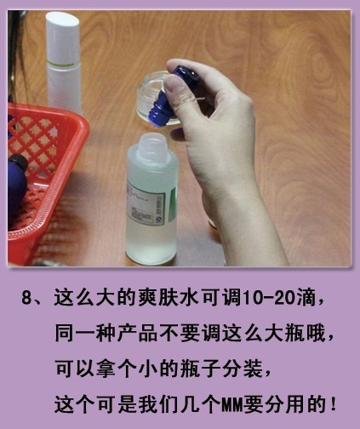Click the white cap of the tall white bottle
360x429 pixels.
coord(63,38)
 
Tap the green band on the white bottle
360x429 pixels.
coord(63,66)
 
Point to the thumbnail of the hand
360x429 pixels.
coord(174,83)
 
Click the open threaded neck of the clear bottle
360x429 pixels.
coord(153,142)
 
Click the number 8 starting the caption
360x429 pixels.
coord(26,297)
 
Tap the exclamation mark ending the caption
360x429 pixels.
coord(333,404)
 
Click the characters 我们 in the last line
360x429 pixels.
coord(157,404)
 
